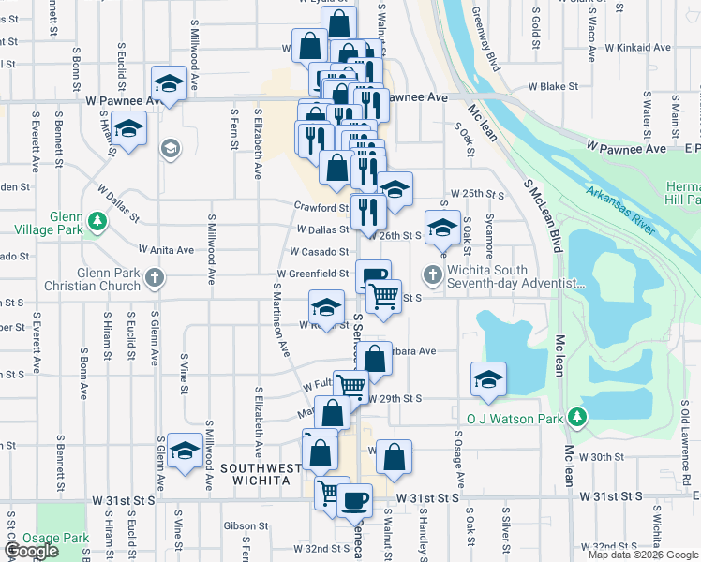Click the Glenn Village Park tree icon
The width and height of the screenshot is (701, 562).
pos(97,221)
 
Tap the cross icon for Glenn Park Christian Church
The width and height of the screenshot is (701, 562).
pos(156,277)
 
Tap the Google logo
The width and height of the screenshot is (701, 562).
pos(31,551)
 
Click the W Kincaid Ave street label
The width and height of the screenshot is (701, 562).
pos(638,46)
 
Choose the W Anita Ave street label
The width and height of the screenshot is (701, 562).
pos(166,250)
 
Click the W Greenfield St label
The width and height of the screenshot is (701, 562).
pos(312,274)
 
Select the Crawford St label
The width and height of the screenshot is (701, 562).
pos(321,208)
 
